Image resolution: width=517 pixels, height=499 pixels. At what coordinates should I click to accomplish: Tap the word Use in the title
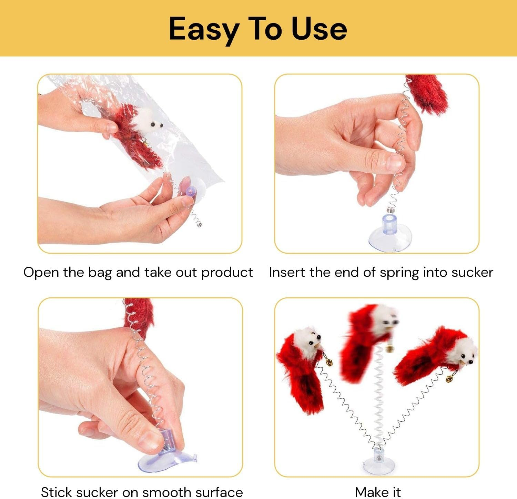(319, 29)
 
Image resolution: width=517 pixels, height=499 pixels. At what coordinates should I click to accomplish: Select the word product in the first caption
(227, 273)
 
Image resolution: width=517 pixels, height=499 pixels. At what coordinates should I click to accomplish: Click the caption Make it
(378, 492)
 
